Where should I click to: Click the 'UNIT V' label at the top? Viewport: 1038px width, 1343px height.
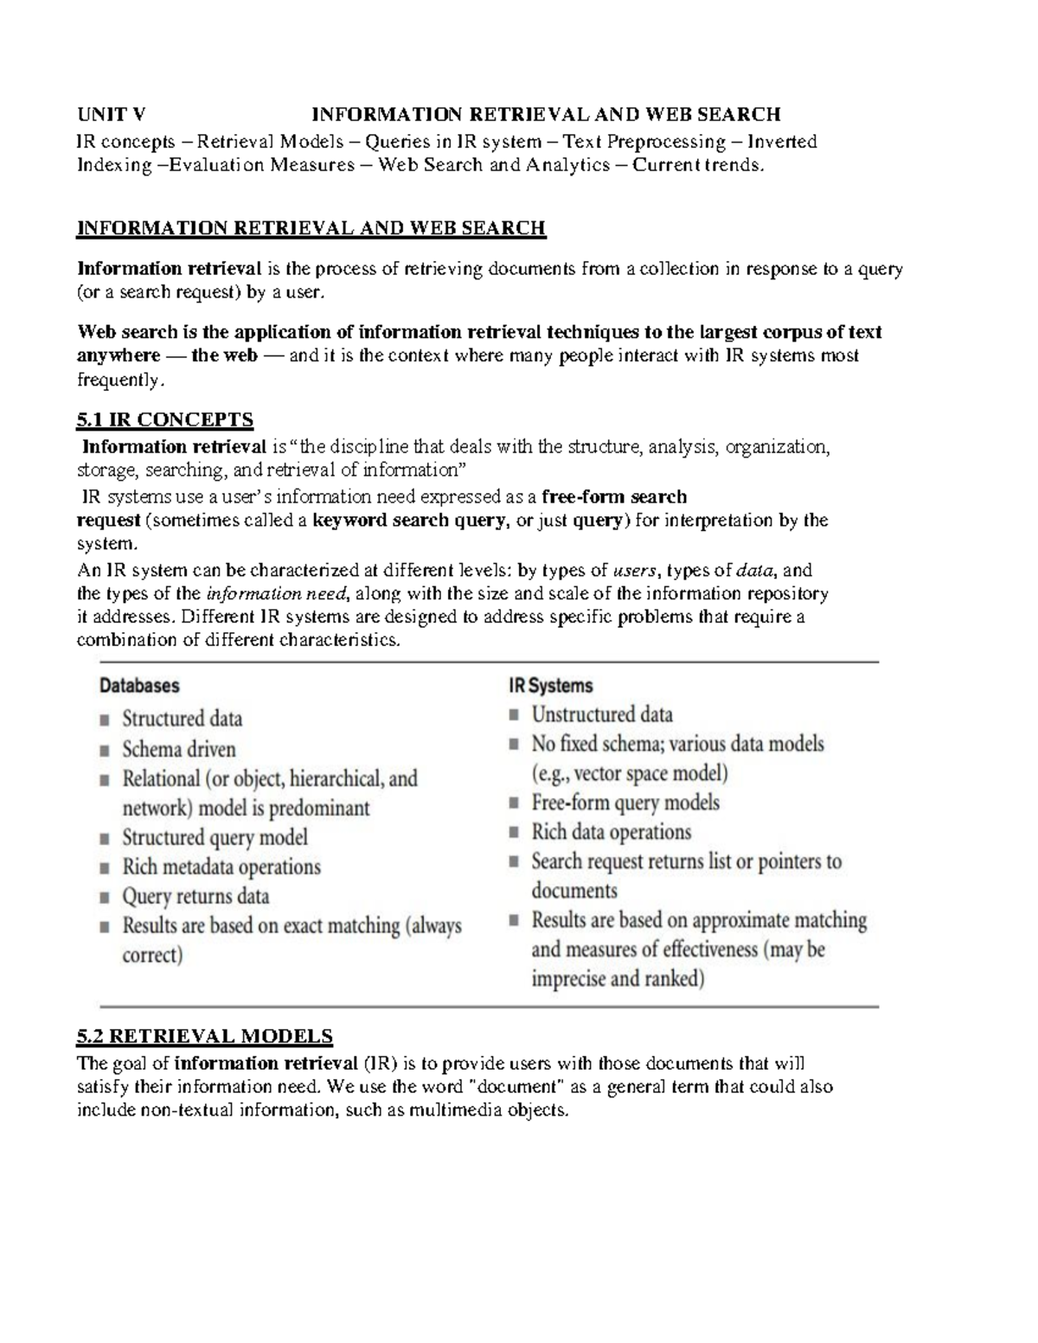click(x=112, y=114)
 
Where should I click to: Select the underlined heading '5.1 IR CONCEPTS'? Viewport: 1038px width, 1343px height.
click(x=165, y=420)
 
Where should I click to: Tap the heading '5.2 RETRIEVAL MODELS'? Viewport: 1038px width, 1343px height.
click(x=205, y=1036)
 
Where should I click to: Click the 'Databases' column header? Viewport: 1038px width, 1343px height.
click(x=139, y=686)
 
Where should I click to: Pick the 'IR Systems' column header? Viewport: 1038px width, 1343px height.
click(x=550, y=686)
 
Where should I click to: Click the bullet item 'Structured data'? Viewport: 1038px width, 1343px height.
click(x=183, y=719)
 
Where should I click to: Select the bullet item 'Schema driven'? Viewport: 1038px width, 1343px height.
click(x=179, y=749)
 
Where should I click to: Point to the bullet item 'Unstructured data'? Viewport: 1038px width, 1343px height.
click(x=602, y=714)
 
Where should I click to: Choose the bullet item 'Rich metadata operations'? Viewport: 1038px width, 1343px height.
click(x=221, y=867)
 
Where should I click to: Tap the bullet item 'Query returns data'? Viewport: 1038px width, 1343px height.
click(x=195, y=896)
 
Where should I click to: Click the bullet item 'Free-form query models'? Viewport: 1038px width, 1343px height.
click(x=625, y=803)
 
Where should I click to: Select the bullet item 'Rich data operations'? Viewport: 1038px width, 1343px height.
click(x=612, y=832)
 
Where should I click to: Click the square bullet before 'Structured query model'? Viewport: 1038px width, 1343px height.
click(x=105, y=838)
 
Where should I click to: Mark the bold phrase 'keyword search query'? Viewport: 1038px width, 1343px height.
click(x=408, y=521)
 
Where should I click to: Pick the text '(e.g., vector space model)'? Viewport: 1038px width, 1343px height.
click(x=630, y=773)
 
